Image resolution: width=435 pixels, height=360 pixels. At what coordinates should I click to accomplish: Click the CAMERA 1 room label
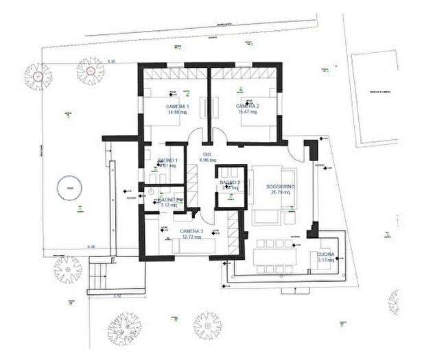click(x=178, y=107)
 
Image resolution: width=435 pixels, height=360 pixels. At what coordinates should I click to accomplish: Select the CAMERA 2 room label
click(x=247, y=106)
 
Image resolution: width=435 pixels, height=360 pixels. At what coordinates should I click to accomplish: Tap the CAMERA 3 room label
click(x=191, y=231)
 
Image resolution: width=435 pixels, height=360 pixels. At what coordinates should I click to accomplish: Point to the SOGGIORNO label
click(x=269, y=186)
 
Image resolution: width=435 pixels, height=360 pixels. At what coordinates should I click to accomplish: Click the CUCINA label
click(x=326, y=254)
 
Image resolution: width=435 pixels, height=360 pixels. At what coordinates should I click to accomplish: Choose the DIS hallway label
click(x=207, y=154)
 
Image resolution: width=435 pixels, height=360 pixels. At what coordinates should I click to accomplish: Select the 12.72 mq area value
click(x=191, y=237)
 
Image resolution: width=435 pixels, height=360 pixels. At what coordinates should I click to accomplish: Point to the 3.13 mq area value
click(x=326, y=260)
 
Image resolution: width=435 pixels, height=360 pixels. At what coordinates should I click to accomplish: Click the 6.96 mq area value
click(x=207, y=160)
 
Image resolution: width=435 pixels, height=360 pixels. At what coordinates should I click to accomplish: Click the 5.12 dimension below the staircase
click(x=117, y=296)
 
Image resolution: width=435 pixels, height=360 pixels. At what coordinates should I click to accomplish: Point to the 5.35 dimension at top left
click(x=111, y=62)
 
